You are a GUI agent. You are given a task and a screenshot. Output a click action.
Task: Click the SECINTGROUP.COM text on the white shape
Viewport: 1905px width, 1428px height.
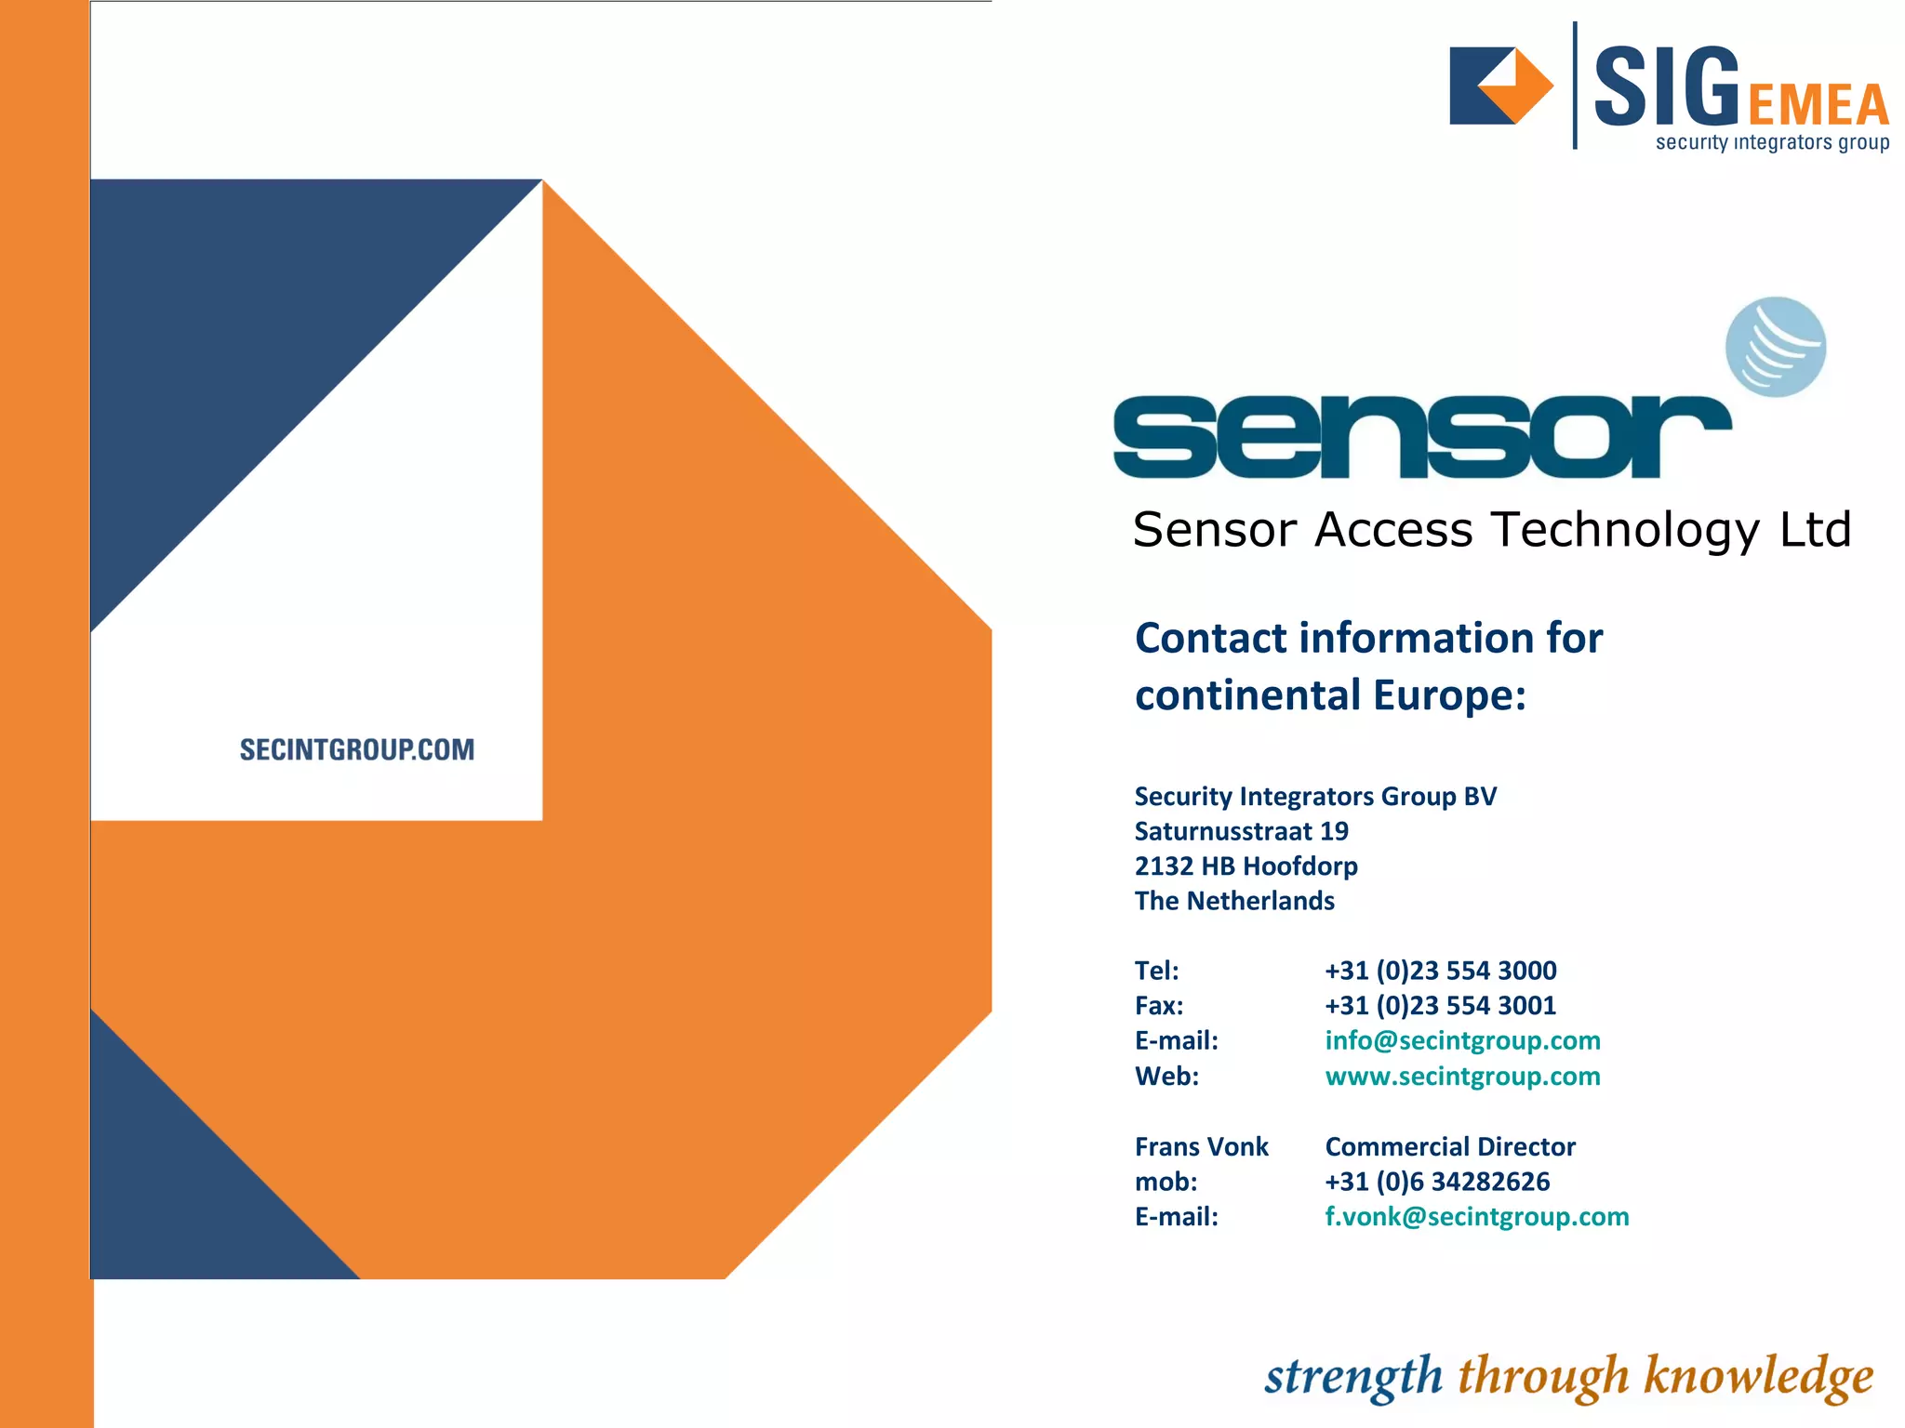point(357,749)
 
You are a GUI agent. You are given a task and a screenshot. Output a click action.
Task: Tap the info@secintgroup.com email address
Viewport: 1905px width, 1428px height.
point(1462,1040)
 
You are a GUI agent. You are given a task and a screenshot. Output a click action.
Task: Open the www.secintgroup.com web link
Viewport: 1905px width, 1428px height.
point(1462,1076)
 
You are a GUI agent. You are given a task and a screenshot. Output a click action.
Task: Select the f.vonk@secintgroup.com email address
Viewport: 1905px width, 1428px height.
point(1476,1216)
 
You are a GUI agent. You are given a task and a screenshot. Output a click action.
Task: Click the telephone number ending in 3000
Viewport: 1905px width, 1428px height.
point(1440,971)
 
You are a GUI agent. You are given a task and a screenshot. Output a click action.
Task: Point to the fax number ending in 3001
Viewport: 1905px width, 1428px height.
point(1440,1005)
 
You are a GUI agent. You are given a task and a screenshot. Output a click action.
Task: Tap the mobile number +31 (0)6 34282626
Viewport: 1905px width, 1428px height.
point(1437,1182)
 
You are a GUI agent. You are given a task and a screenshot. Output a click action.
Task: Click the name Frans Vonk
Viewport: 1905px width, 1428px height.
point(1201,1146)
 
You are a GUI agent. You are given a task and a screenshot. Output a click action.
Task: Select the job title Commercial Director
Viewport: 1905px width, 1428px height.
point(1449,1146)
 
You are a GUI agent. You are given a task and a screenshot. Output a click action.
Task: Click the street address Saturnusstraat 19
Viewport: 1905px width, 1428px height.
point(1241,831)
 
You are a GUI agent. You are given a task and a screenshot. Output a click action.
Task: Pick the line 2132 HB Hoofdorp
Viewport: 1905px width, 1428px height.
point(1246,866)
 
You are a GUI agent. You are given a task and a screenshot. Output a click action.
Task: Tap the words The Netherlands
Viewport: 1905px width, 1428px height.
point(1234,901)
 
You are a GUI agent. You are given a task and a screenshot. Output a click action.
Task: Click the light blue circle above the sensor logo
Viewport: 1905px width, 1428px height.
point(1775,347)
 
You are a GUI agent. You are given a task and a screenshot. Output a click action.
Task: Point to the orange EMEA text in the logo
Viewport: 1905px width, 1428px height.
point(1818,104)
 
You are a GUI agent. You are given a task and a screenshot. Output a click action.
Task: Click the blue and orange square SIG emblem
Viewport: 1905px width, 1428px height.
point(1500,86)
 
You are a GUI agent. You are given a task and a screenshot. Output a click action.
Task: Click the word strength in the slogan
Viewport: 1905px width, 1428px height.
point(1352,1377)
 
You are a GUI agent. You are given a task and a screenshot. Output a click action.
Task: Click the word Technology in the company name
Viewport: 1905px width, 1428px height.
point(1625,530)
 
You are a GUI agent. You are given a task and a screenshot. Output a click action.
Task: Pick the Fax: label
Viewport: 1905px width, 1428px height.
point(1159,1005)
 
